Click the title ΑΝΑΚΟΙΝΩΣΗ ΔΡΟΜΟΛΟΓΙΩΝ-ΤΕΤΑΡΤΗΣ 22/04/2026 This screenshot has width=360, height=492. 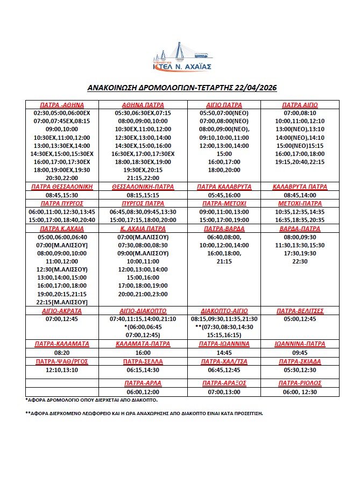point(181,87)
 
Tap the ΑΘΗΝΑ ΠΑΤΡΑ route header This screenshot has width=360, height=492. point(143,105)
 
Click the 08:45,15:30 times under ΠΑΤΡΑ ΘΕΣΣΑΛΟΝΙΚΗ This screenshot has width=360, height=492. point(60,195)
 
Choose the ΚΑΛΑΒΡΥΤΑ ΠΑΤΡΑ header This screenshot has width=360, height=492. point(300,187)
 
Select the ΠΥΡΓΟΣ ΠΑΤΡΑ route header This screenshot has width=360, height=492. point(143,204)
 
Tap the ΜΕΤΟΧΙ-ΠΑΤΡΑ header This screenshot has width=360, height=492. point(300,204)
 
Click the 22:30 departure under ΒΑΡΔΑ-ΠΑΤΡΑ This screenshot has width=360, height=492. point(300,261)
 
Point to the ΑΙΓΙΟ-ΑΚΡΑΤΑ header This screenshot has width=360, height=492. point(60,311)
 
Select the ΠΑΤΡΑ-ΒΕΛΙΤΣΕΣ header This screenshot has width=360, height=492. point(300,311)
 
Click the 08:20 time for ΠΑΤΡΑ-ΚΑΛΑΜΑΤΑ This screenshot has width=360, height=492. point(60,353)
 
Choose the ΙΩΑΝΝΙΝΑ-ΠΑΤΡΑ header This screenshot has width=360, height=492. point(300,344)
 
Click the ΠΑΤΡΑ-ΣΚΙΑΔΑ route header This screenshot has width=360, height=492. point(300,361)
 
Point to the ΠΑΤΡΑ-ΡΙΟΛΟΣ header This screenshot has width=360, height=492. point(300,383)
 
